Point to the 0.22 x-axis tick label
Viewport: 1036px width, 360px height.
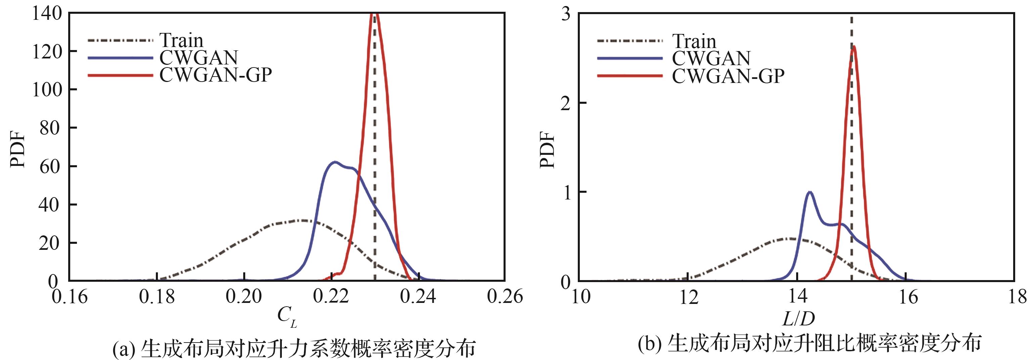point(331,297)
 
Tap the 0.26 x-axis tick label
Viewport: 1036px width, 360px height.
point(504,297)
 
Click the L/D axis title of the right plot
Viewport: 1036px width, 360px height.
point(798,319)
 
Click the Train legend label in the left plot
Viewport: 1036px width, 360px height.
point(181,40)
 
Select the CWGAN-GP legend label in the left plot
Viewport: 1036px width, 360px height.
point(216,75)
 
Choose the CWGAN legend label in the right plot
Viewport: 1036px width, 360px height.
point(711,58)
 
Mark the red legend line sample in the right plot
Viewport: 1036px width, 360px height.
point(630,76)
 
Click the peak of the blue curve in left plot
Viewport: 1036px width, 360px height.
point(334,162)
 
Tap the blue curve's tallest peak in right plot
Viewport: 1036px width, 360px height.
point(810,192)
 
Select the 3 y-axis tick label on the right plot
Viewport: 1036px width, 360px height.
point(566,14)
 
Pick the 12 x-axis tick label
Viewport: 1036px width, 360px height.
point(689,298)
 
